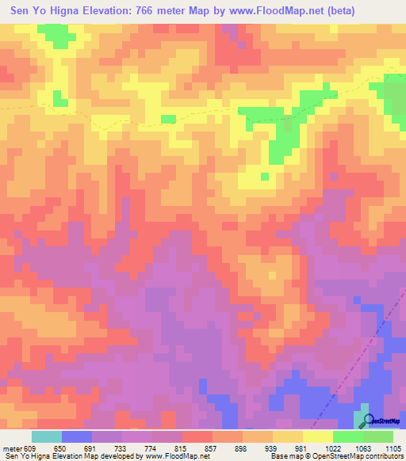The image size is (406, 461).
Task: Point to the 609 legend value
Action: pos(31,448)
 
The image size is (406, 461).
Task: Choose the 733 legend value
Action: pos(121,448)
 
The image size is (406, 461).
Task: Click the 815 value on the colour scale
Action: pos(182,448)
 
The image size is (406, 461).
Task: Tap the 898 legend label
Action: pos(242,448)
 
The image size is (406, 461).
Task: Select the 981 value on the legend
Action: pos(302,448)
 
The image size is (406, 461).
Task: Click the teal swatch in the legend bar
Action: pos(46,436)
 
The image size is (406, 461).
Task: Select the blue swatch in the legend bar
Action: pos(76,436)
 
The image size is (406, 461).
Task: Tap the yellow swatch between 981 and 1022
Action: pos(317,436)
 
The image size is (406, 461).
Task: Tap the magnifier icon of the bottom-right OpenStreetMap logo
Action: pos(366,421)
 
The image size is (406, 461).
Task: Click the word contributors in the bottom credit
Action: pos(380,456)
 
